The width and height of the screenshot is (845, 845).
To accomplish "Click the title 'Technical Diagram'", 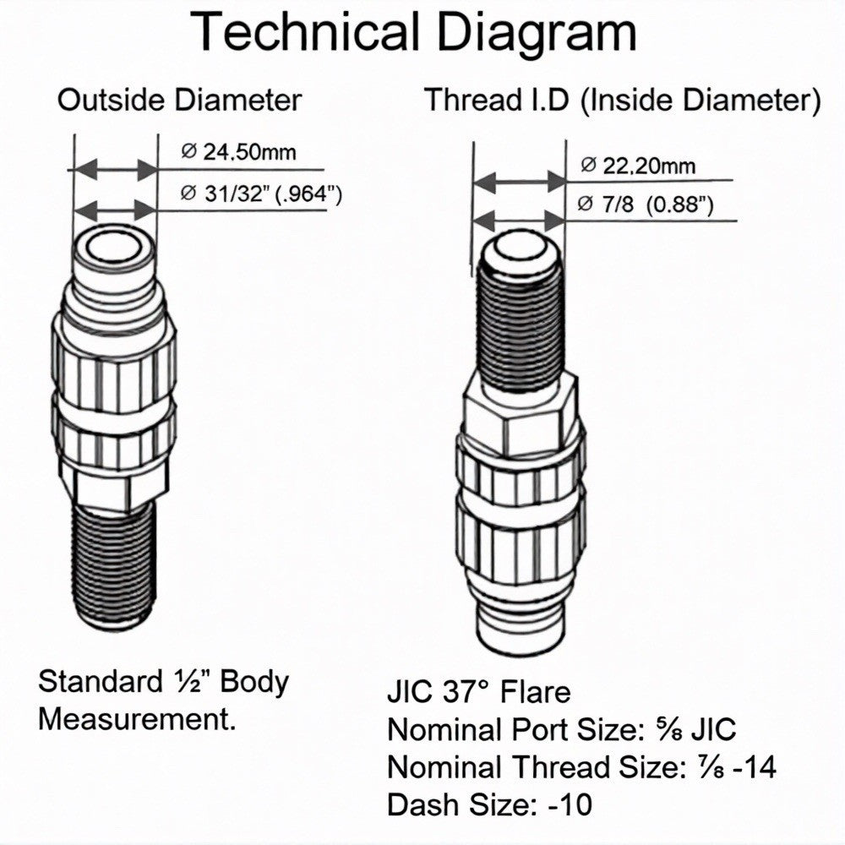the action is point(413,32).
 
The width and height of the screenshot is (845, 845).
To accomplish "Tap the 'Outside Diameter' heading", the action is point(179,101).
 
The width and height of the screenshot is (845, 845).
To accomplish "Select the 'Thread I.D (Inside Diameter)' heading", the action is point(623,101).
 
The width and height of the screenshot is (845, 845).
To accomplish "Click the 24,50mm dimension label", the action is point(239,151).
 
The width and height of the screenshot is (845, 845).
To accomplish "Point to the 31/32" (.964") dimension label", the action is point(261,194).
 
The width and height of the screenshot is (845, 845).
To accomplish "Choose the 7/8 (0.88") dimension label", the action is point(645,204).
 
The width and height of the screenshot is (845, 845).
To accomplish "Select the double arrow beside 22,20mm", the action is point(519,182).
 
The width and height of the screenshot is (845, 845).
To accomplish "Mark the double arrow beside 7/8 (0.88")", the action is point(519,221).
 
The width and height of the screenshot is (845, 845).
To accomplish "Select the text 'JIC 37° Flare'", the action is point(478,692).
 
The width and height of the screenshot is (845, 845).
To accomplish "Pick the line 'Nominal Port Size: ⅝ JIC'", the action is point(562,729).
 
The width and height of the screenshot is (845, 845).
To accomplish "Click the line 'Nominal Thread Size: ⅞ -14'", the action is point(582,766).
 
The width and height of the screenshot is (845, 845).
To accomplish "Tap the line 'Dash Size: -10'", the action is point(490,804).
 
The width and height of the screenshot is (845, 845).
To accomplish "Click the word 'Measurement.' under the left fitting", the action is point(138,719).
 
